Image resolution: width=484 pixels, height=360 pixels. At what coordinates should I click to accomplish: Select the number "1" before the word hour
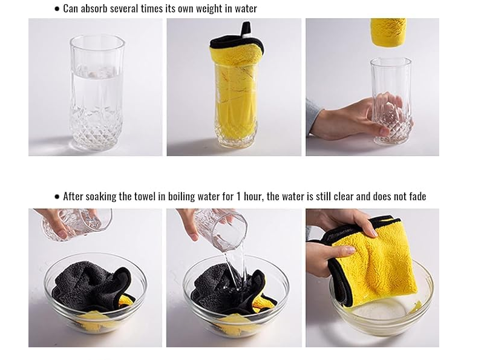(238, 197)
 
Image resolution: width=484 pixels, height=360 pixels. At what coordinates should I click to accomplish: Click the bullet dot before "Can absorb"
(57, 9)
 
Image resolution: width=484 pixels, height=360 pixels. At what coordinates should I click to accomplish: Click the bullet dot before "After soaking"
(57, 197)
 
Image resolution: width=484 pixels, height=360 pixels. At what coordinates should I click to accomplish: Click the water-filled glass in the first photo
(97, 92)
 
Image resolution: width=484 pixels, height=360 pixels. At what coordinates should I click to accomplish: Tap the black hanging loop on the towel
(246, 29)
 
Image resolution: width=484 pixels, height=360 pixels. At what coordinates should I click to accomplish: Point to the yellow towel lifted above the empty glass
(388, 32)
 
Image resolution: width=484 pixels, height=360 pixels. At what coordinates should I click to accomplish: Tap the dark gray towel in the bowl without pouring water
(92, 286)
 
